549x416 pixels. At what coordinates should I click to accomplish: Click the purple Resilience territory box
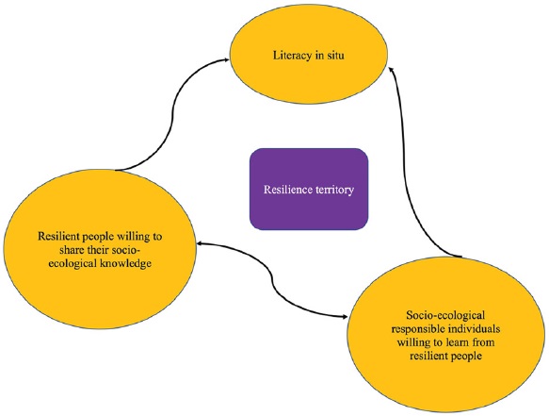pyautogui.click(x=307, y=188)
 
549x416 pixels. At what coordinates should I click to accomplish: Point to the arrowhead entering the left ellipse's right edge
pyautogui.click(x=201, y=245)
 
